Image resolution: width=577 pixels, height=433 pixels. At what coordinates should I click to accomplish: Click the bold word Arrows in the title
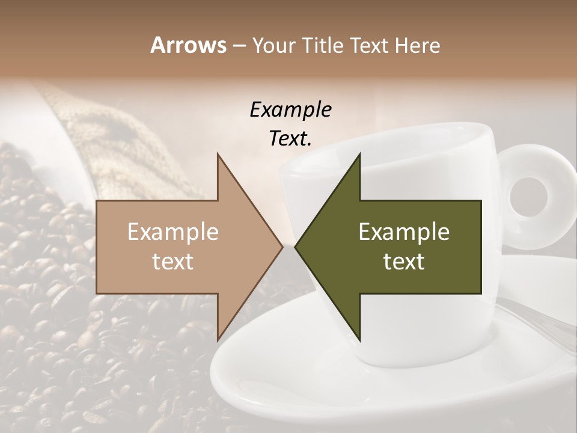[x=188, y=45]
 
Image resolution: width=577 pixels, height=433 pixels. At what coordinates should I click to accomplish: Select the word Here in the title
[x=417, y=45]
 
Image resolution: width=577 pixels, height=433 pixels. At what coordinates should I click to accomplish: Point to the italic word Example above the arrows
[x=290, y=109]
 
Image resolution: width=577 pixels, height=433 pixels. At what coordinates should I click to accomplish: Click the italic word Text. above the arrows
[x=290, y=139]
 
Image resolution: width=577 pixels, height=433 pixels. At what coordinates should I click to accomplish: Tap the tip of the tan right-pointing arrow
[x=282, y=247]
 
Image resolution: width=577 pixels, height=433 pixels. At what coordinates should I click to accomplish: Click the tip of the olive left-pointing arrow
[x=296, y=247]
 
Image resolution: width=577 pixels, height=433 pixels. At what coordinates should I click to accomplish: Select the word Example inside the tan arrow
[x=173, y=232]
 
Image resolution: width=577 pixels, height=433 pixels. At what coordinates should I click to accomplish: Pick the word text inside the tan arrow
[x=173, y=262]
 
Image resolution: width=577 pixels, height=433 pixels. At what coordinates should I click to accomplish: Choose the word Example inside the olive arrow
[x=404, y=232]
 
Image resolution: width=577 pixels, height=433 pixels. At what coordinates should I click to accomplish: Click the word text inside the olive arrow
[x=404, y=262]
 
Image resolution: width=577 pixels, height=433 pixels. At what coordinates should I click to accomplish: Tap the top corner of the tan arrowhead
[x=218, y=155]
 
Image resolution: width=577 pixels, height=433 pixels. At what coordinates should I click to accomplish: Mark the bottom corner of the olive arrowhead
[x=359, y=342]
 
